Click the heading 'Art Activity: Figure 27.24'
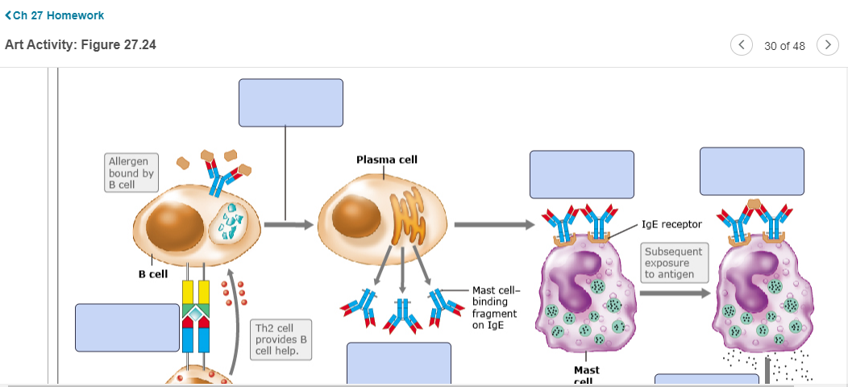(x=81, y=45)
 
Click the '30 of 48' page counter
(x=784, y=45)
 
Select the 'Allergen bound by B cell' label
(x=131, y=173)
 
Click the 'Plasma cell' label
(x=387, y=160)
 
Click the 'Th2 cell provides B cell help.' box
(x=281, y=339)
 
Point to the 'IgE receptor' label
(x=671, y=224)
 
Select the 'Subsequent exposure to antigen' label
(x=674, y=263)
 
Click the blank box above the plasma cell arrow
(x=290, y=102)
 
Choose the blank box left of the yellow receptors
(x=127, y=327)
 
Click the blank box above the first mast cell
(x=581, y=174)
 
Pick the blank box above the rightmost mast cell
(x=751, y=171)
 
